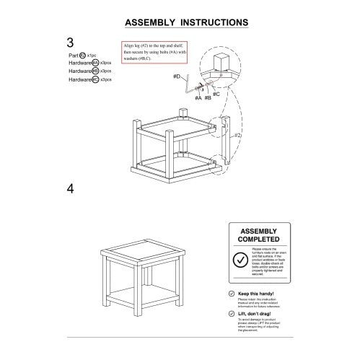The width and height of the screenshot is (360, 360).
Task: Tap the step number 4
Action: click(71, 189)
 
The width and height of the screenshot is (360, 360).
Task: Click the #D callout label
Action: click(177, 76)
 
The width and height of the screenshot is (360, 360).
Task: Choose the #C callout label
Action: click(216, 94)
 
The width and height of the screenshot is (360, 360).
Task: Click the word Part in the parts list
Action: click(71, 55)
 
